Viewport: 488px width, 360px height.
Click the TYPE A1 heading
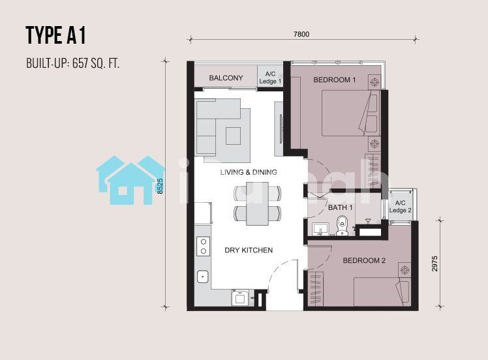(x=55, y=35)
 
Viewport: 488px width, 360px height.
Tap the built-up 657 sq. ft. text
(x=73, y=63)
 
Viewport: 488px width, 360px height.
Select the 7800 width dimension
(x=301, y=34)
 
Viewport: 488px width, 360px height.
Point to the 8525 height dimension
(x=160, y=186)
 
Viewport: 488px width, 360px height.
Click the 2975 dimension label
(x=435, y=263)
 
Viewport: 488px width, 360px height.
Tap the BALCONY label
(x=226, y=78)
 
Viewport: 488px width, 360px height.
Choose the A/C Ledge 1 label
(x=270, y=78)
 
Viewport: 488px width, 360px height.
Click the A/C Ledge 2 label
(x=400, y=207)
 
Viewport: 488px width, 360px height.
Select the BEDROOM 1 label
(x=335, y=80)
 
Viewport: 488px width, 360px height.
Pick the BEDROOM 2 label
(x=364, y=260)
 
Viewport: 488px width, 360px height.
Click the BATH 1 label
(x=340, y=207)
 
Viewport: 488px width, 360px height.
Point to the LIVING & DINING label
(x=249, y=172)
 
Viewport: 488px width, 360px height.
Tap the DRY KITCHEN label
(x=249, y=250)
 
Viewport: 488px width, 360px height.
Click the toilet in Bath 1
(x=342, y=226)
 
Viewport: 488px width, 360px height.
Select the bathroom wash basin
(x=320, y=230)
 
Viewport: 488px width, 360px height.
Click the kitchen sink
(x=203, y=277)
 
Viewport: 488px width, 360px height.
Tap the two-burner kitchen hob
(x=204, y=247)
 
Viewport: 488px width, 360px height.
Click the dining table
(x=258, y=203)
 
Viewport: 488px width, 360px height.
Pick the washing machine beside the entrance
(x=240, y=298)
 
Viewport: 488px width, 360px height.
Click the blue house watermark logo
(x=131, y=180)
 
